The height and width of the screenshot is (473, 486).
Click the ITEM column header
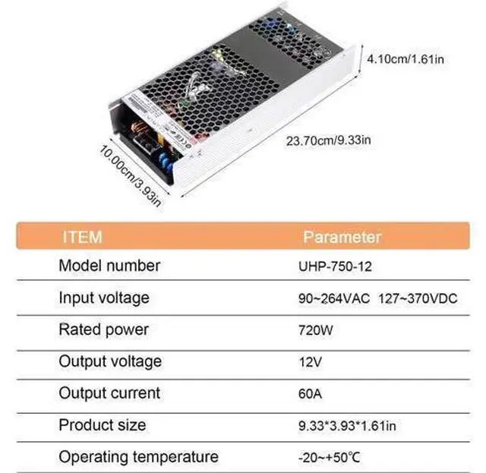(x=81, y=236)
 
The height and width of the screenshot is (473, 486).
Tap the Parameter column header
(x=342, y=237)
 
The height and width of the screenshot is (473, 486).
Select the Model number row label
(x=109, y=266)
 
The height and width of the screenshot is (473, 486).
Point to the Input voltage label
(x=104, y=298)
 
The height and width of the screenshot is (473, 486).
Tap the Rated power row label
(x=103, y=330)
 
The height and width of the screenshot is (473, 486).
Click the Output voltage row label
(x=110, y=361)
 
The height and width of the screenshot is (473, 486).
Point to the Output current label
(x=109, y=393)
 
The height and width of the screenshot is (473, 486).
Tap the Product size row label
(x=102, y=424)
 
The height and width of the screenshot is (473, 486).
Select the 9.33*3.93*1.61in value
(x=346, y=426)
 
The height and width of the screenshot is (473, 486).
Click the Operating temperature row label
(x=138, y=457)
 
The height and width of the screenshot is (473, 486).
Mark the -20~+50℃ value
(x=329, y=458)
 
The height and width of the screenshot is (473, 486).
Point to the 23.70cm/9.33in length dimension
(x=328, y=140)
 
